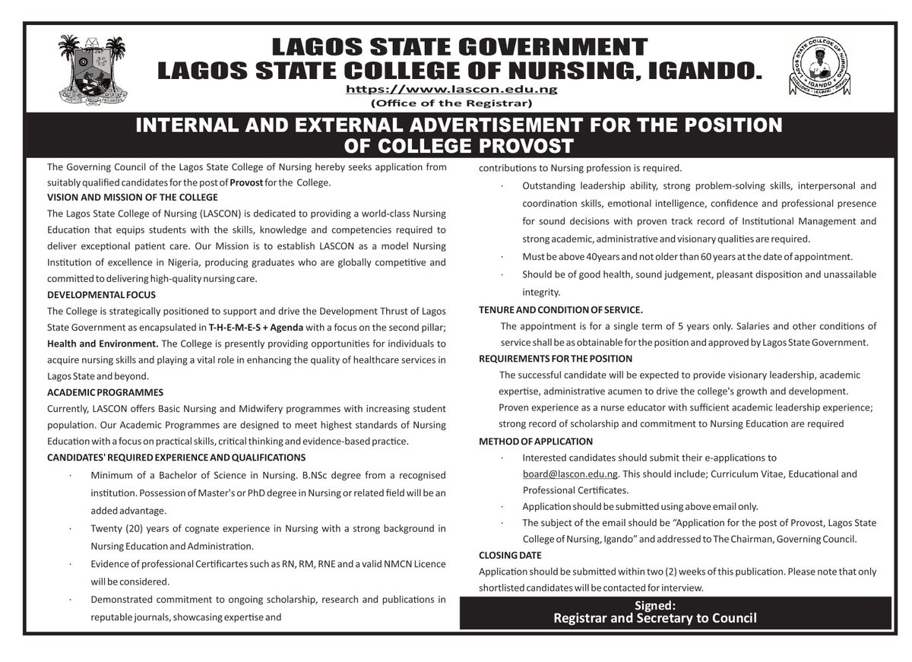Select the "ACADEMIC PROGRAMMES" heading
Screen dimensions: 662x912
point(105,393)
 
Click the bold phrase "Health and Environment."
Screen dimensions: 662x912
point(95,344)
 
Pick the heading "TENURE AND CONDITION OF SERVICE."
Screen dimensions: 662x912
point(561,310)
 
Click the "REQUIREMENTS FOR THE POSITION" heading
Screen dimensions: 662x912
point(556,359)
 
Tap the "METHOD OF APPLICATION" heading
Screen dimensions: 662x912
point(536,442)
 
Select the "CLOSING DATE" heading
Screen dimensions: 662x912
point(510,556)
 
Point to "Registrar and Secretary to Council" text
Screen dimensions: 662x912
point(655,618)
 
